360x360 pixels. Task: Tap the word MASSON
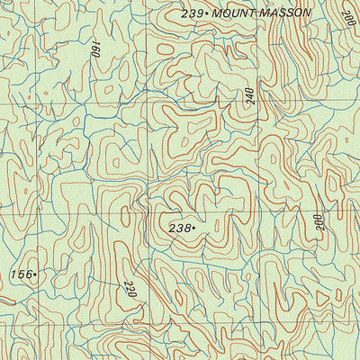click(x=283, y=13)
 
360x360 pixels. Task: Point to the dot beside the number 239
click(x=207, y=13)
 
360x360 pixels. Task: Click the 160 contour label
click(x=94, y=48)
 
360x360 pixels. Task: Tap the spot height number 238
click(x=179, y=229)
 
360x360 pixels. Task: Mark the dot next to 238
click(x=193, y=229)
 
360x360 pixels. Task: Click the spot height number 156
click(x=20, y=274)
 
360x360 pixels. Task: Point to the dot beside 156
click(x=34, y=275)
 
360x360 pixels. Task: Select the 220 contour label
click(x=130, y=289)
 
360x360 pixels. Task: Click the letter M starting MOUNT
click(x=216, y=13)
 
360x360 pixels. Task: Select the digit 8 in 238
click(x=186, y=229)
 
